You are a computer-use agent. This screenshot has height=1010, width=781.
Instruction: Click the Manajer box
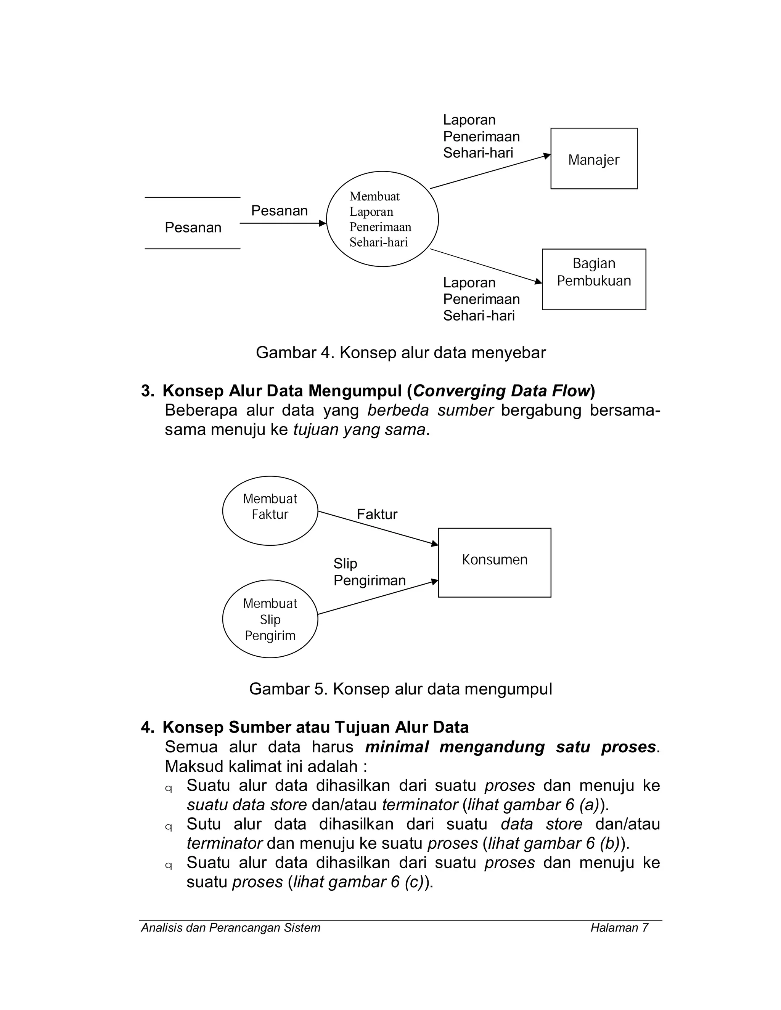click(x=594, y=159)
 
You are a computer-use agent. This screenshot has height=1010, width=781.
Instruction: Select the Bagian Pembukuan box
click(x=594, y=279)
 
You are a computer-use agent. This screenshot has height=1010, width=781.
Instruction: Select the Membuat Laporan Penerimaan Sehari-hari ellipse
click(x=382, y=219)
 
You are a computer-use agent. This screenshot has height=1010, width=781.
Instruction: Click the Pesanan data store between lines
click(x=193, y=227)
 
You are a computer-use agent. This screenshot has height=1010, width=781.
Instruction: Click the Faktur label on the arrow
click(x=377, y=514)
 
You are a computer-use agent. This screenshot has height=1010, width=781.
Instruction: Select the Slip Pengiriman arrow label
click(x=369, y=572)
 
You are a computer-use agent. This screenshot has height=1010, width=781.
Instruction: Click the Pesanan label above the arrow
click(x=279, y=211)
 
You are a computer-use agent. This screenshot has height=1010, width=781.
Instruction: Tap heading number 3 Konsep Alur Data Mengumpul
click(x=368, y=391)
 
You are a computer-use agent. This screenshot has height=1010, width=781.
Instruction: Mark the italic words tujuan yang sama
click(x=359, y=430)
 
